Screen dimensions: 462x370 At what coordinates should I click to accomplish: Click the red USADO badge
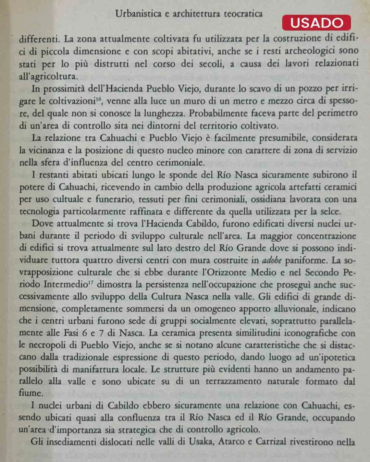click(x=316, y=23)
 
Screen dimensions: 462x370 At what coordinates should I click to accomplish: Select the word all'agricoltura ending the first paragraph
click(x=48, y=76)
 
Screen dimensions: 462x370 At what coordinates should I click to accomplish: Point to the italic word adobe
click(x=272, y=260)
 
